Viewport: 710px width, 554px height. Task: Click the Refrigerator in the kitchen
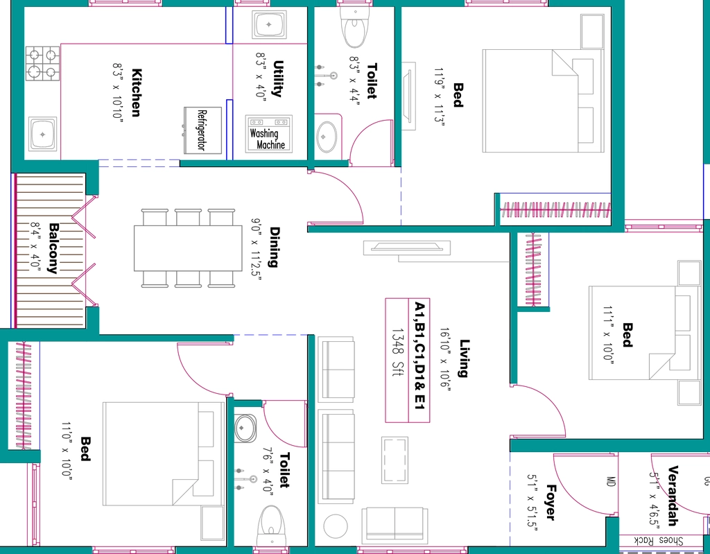pyautogui.click(x=202, y=130)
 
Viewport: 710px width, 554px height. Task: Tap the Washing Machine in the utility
pyautogui.click(x=269, y=134)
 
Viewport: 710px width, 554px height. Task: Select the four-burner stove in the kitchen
pyautogui.click(x=42, y=63)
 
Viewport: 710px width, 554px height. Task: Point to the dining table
pyautogui.click(x=188, y=248)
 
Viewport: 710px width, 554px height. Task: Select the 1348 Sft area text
pyautogui.click(x=397, y=353)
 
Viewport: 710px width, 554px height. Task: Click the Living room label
pyautogui.click(x=465, y=358)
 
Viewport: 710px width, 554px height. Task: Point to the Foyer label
pyautogui.click(x=551, y=503)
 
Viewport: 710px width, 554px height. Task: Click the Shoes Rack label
pyautogui.click(x=659, y=540)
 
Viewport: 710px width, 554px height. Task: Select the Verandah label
pyautogui.click(x=673, y=495)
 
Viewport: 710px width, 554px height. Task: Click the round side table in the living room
pyautogui.click(x=336, y=526)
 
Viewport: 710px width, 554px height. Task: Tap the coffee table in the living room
pyautogui.click(x=395, y=460)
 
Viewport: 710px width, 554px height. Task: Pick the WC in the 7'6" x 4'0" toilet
pyautogui.click(x=271, y=526)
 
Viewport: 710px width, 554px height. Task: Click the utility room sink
pyautogui.click(x=270, y=25)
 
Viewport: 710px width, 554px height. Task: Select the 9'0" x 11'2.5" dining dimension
pyautogui.click(x=257, y=249)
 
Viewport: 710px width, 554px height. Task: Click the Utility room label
pyautogui.click(x=277, y=79)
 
